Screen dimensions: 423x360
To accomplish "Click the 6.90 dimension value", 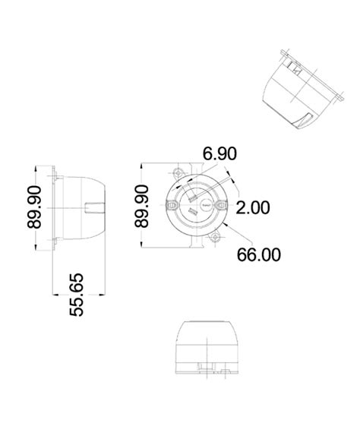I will [x=219, y=154].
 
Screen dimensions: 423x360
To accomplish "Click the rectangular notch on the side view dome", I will [x=94, y=207].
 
